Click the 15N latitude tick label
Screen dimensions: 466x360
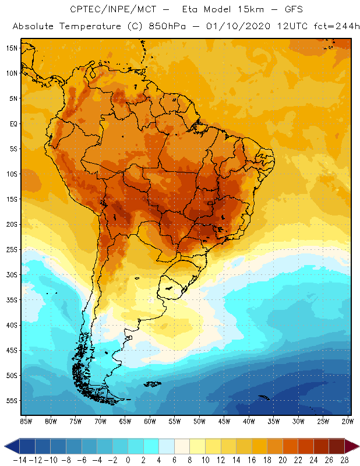[11, 48]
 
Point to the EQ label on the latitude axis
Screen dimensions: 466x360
[12, 123]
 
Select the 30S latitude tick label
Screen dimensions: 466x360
[11, 274]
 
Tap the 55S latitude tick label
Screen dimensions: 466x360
[11, 401]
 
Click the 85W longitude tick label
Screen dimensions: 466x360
[26, 421]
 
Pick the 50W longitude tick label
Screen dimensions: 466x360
[200, 421]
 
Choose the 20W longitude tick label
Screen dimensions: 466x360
[348, 421]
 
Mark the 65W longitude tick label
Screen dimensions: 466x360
[125, 421]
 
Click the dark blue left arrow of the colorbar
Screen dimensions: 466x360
[11, 446]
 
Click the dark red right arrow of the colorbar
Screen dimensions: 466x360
[351, 446]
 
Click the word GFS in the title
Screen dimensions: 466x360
[290, 9]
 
